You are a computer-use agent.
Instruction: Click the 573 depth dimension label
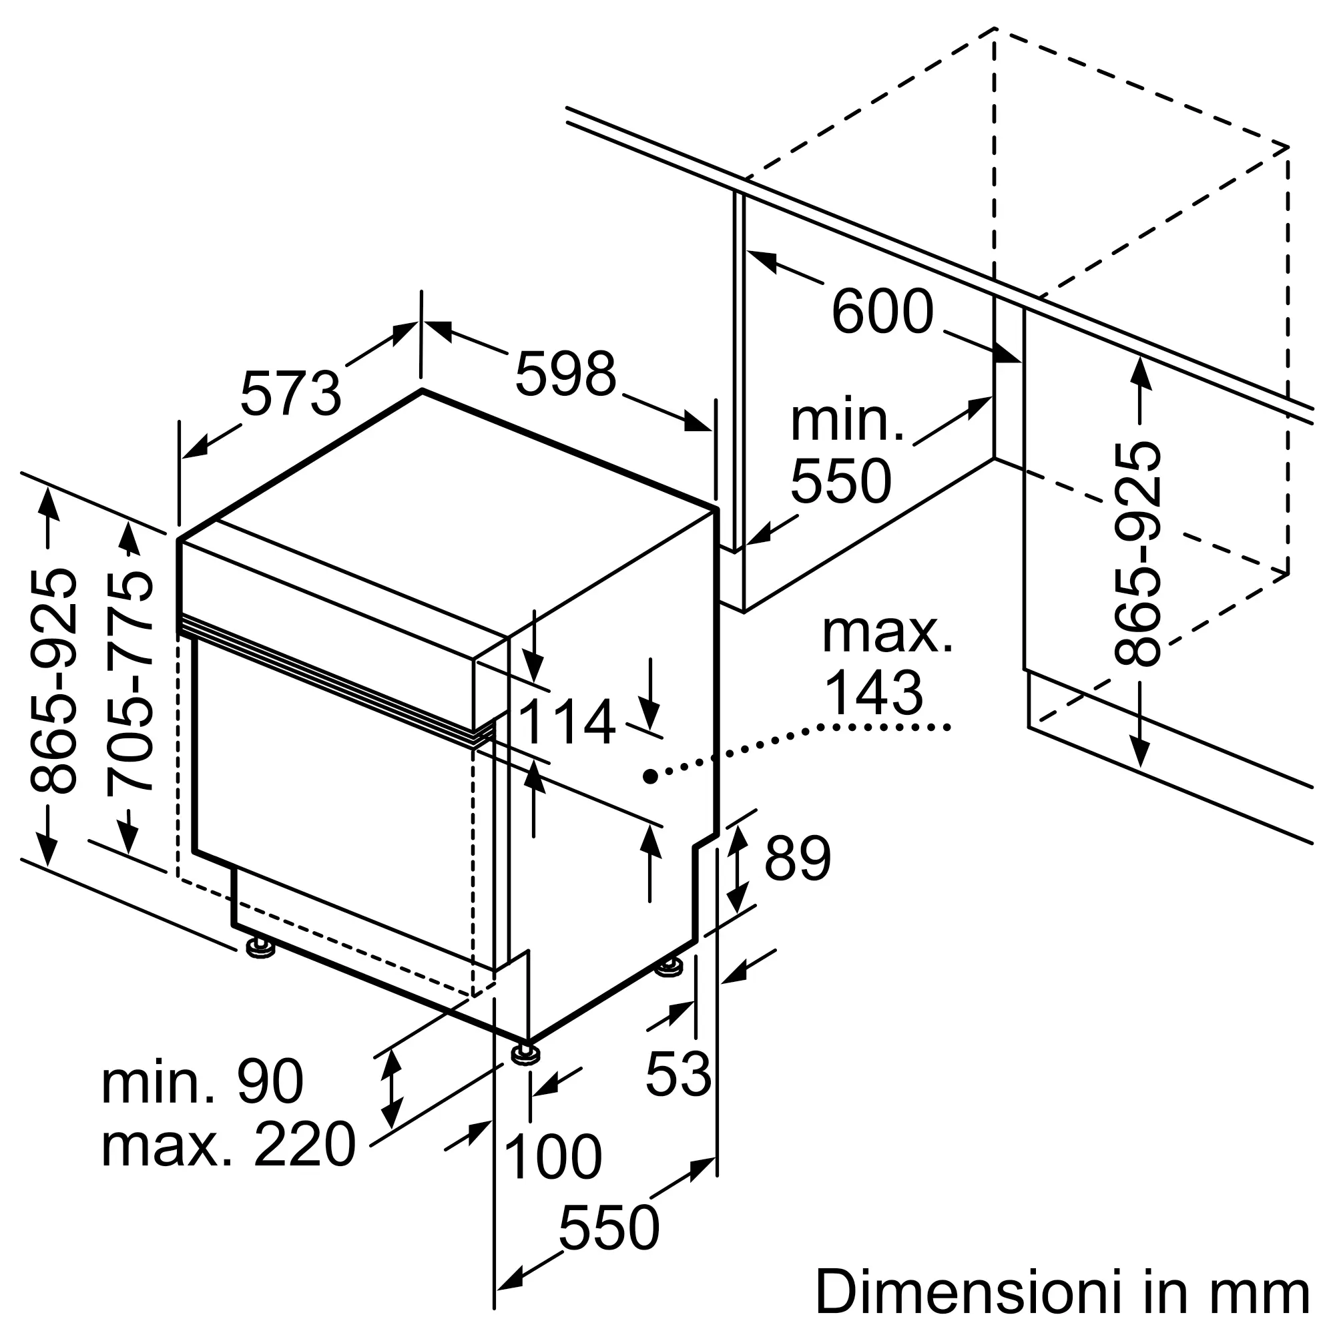[291, 394]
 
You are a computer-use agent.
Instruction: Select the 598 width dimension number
[565, 374]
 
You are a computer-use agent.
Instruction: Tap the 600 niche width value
[882, 312]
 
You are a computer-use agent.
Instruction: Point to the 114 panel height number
[566, 723]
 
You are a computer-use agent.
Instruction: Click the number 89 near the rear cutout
[798, 858]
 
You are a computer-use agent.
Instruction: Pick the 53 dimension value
[678, 1075]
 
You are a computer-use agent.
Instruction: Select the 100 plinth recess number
[553, 1157]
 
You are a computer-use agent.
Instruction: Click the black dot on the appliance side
[649, 776]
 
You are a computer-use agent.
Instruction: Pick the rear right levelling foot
[669, 966]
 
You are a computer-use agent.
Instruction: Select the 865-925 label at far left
[53, 682]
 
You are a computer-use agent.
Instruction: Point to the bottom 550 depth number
[608, 1228]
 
